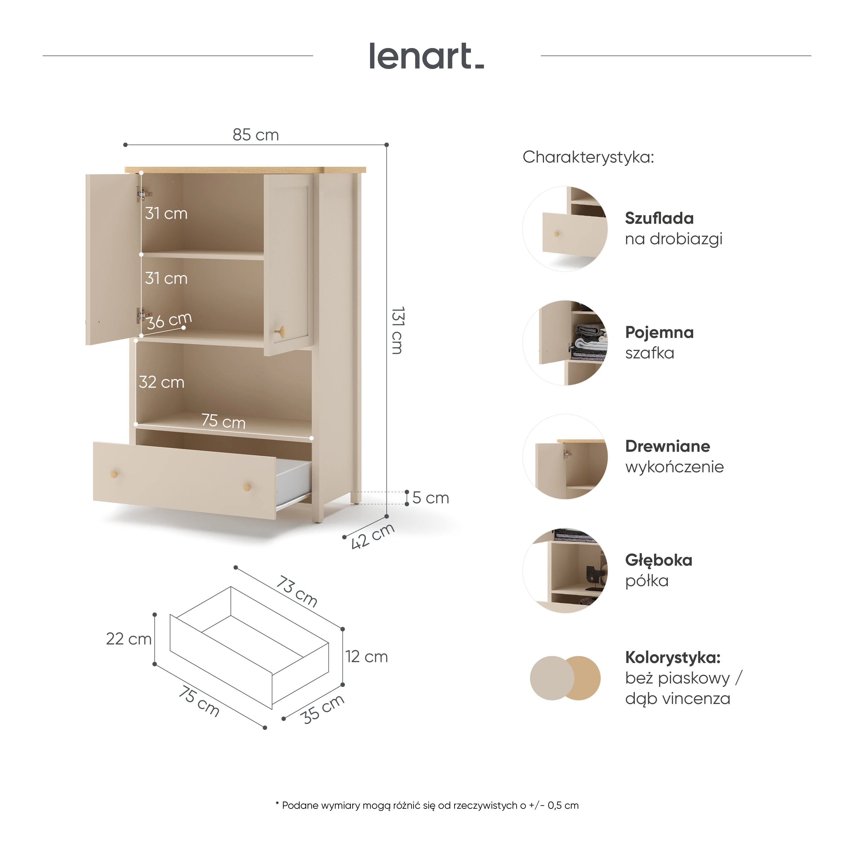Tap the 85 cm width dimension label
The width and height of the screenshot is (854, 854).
pos(256,135)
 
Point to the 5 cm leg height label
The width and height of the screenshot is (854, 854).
pos(430,498)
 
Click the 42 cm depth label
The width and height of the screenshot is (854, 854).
pos(372,536)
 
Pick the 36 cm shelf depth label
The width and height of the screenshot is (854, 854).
pos(169,321)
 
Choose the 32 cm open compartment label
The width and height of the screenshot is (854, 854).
pos(161,382)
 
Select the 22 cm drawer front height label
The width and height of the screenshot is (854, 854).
pos(129,639)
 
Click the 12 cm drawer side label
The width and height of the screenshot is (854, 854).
pos(366,656)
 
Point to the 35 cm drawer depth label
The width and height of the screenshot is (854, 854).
pos(322,709)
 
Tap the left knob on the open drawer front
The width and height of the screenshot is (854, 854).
pos(114,474)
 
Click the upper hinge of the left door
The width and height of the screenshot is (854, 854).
pos(142,194)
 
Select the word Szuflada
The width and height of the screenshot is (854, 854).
pos(659,218)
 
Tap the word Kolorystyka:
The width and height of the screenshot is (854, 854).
pos(673,657)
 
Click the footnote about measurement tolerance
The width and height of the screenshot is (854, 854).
pos(427,805)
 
